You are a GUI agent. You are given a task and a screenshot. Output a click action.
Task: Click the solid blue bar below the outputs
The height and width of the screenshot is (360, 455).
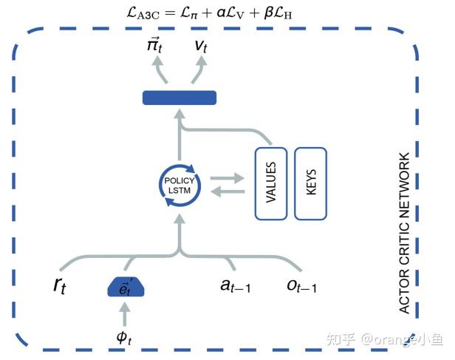point(179,98)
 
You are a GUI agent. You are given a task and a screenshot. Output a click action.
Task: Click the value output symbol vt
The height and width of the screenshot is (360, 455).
point(201,46)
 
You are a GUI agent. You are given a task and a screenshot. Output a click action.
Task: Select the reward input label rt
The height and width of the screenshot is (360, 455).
point(60,286)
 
